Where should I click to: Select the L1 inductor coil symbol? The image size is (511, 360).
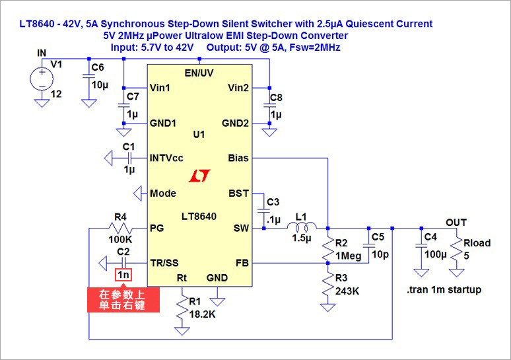301,228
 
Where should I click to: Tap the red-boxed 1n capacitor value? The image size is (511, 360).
123,275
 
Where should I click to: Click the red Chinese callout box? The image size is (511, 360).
122,300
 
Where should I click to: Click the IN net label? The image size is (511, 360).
42,52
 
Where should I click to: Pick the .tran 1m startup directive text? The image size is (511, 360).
444,289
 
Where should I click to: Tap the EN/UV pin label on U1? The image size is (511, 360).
198,71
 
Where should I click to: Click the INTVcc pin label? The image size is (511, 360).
166,159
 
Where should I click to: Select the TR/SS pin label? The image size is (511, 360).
164,262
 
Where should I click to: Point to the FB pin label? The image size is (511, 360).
242,262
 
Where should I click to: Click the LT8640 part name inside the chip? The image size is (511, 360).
198,216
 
